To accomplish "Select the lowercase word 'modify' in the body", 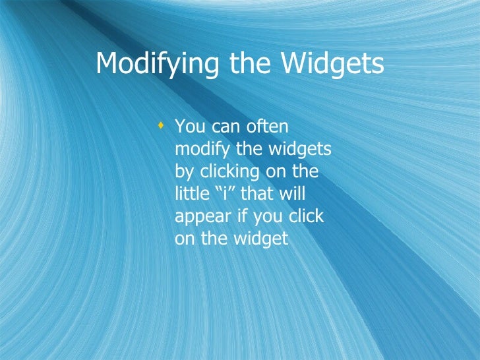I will pyautogui.click(x=198, y=150).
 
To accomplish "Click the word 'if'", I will pyautogui.click(x=239, y=217).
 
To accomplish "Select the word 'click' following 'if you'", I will pyautogui.click(x=306, y=217).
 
